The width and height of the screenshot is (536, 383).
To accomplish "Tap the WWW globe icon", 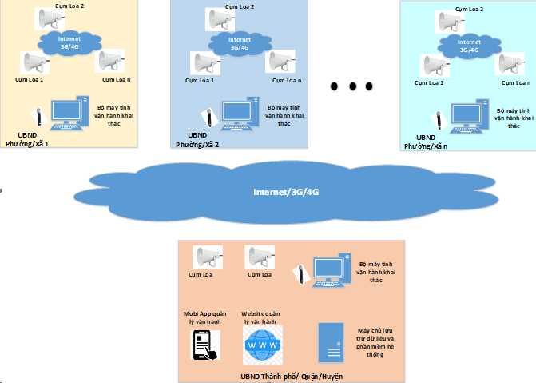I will [263, 345].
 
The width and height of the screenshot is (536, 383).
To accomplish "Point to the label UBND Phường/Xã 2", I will [197, 140].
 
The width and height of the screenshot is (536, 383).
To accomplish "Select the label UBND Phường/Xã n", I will [425, 142].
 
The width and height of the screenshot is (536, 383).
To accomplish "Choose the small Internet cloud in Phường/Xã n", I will [467, 46].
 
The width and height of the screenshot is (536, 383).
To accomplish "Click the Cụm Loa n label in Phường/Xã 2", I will [285, 80].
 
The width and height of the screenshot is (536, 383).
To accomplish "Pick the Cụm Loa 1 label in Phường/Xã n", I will [431, 82].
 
